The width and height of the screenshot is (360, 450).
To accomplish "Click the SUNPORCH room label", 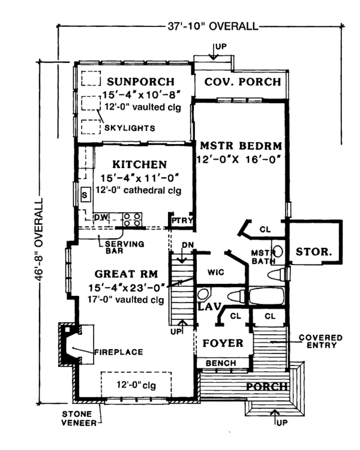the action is pyautogui.click(x=140, y=82).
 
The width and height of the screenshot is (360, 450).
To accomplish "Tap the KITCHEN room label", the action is pyautogui.click(x=140, y=164).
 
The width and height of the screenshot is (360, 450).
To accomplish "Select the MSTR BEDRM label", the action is pyautogui.click(x=241, y=146).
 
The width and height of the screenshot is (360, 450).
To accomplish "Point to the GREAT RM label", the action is pyautogui.click(x=127, y=274).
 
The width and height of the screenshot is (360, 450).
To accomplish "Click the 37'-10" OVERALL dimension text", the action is pyautogui.click(x=213, y=26).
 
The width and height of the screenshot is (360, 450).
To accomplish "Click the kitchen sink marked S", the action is pyautogui.click(x=85, y=195).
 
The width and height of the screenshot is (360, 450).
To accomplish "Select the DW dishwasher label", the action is pyautogui.click(x=101, y=217).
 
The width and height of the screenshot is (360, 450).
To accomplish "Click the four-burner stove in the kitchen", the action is pyautogui.click(x=133, y=220).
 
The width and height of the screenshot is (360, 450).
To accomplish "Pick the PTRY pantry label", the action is pyautogui.click(x=182, y=220).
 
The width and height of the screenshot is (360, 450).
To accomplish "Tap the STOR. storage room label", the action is pyautogui.click(x=314, y=251).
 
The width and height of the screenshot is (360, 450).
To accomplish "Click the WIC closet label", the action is pyautogui.click(x=215, y=272).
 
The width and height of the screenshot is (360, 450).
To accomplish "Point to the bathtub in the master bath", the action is pyautogui.click(x=266, y=296).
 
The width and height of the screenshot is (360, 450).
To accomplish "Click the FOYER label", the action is pyautogui.click(x=223, y=343).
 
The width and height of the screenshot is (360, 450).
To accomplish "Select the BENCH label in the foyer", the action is pyautogui.click(x=221, y=363).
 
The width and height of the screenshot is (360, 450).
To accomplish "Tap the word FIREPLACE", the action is pyautogui.click(x=119, y=352).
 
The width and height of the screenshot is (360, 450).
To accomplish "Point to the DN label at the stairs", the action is pyautogui.click(x=188, y=245).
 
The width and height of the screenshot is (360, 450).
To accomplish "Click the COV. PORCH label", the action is pyautogui.click(x=242, y=82).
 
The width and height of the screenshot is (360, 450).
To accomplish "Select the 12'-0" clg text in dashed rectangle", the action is pyautogui.click(x=136, y=385).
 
